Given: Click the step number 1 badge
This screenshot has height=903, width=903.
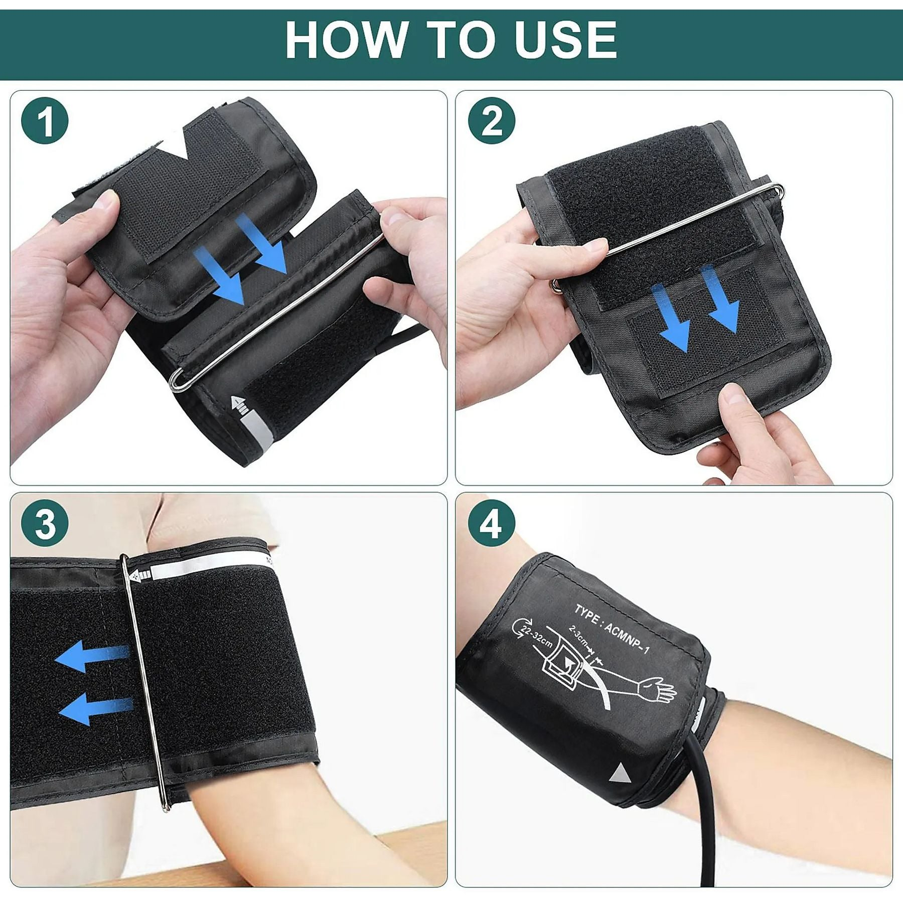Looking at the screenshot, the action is click(45, 121).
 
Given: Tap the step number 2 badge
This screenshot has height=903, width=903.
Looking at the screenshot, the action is click(492, 121).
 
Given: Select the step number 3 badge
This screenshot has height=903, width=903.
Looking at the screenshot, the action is click(45, 525).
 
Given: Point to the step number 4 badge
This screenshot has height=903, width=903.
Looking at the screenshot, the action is click(492, 525).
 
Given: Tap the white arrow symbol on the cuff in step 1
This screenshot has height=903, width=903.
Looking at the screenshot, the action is click(239, 404).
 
